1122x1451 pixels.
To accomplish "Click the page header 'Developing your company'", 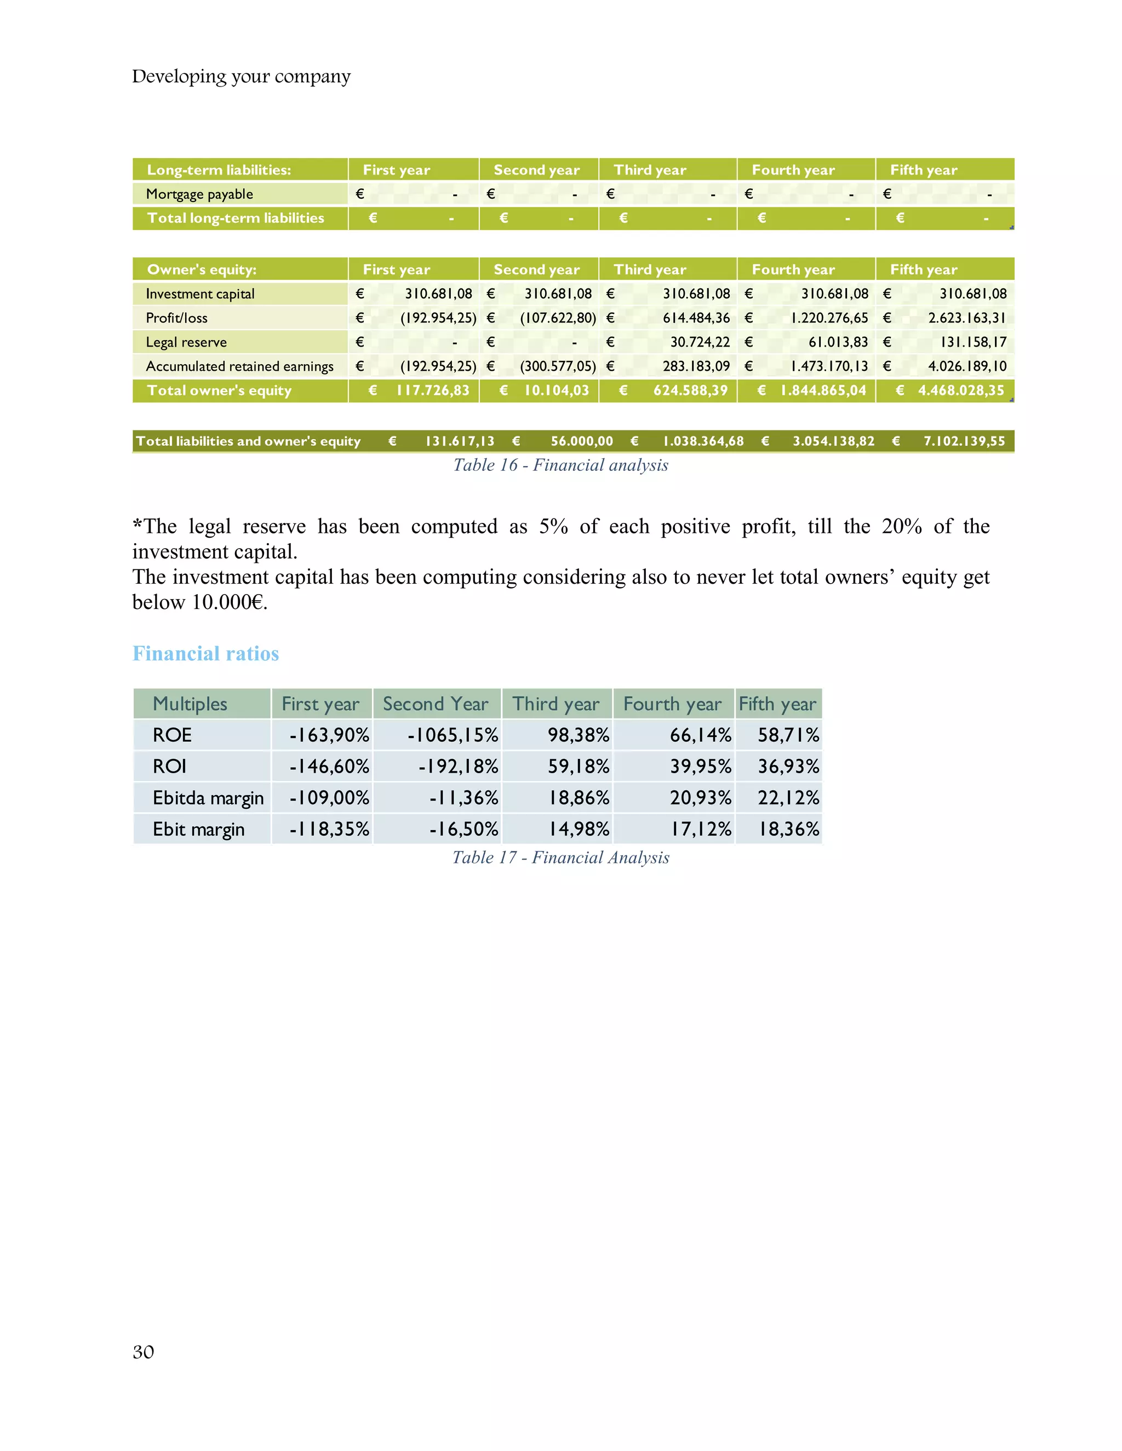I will point(241,77).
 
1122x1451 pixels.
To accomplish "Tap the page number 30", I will point(143,1352).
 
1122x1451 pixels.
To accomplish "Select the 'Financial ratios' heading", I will point(205,654).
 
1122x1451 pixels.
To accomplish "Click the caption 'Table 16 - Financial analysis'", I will point(560,465).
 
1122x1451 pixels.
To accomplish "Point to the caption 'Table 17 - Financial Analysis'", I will point(560,857).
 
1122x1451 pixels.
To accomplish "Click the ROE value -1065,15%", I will point(453,735).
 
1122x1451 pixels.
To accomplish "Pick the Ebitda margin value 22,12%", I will point(788,798).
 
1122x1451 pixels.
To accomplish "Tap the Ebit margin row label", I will point(198,829).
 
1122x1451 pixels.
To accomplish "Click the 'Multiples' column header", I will point(190,704).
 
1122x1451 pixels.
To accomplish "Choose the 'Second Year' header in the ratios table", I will point(436,704).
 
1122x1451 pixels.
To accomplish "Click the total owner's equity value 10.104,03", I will point(557,390).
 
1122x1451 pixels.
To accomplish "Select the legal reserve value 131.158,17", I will point(973,342).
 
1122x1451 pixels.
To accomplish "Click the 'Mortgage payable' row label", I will point(199,194).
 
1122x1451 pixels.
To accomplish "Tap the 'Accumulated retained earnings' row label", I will point(239,367).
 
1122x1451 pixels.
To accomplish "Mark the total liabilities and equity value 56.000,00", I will point(582,441).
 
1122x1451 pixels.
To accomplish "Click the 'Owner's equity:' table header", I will point(202,270).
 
